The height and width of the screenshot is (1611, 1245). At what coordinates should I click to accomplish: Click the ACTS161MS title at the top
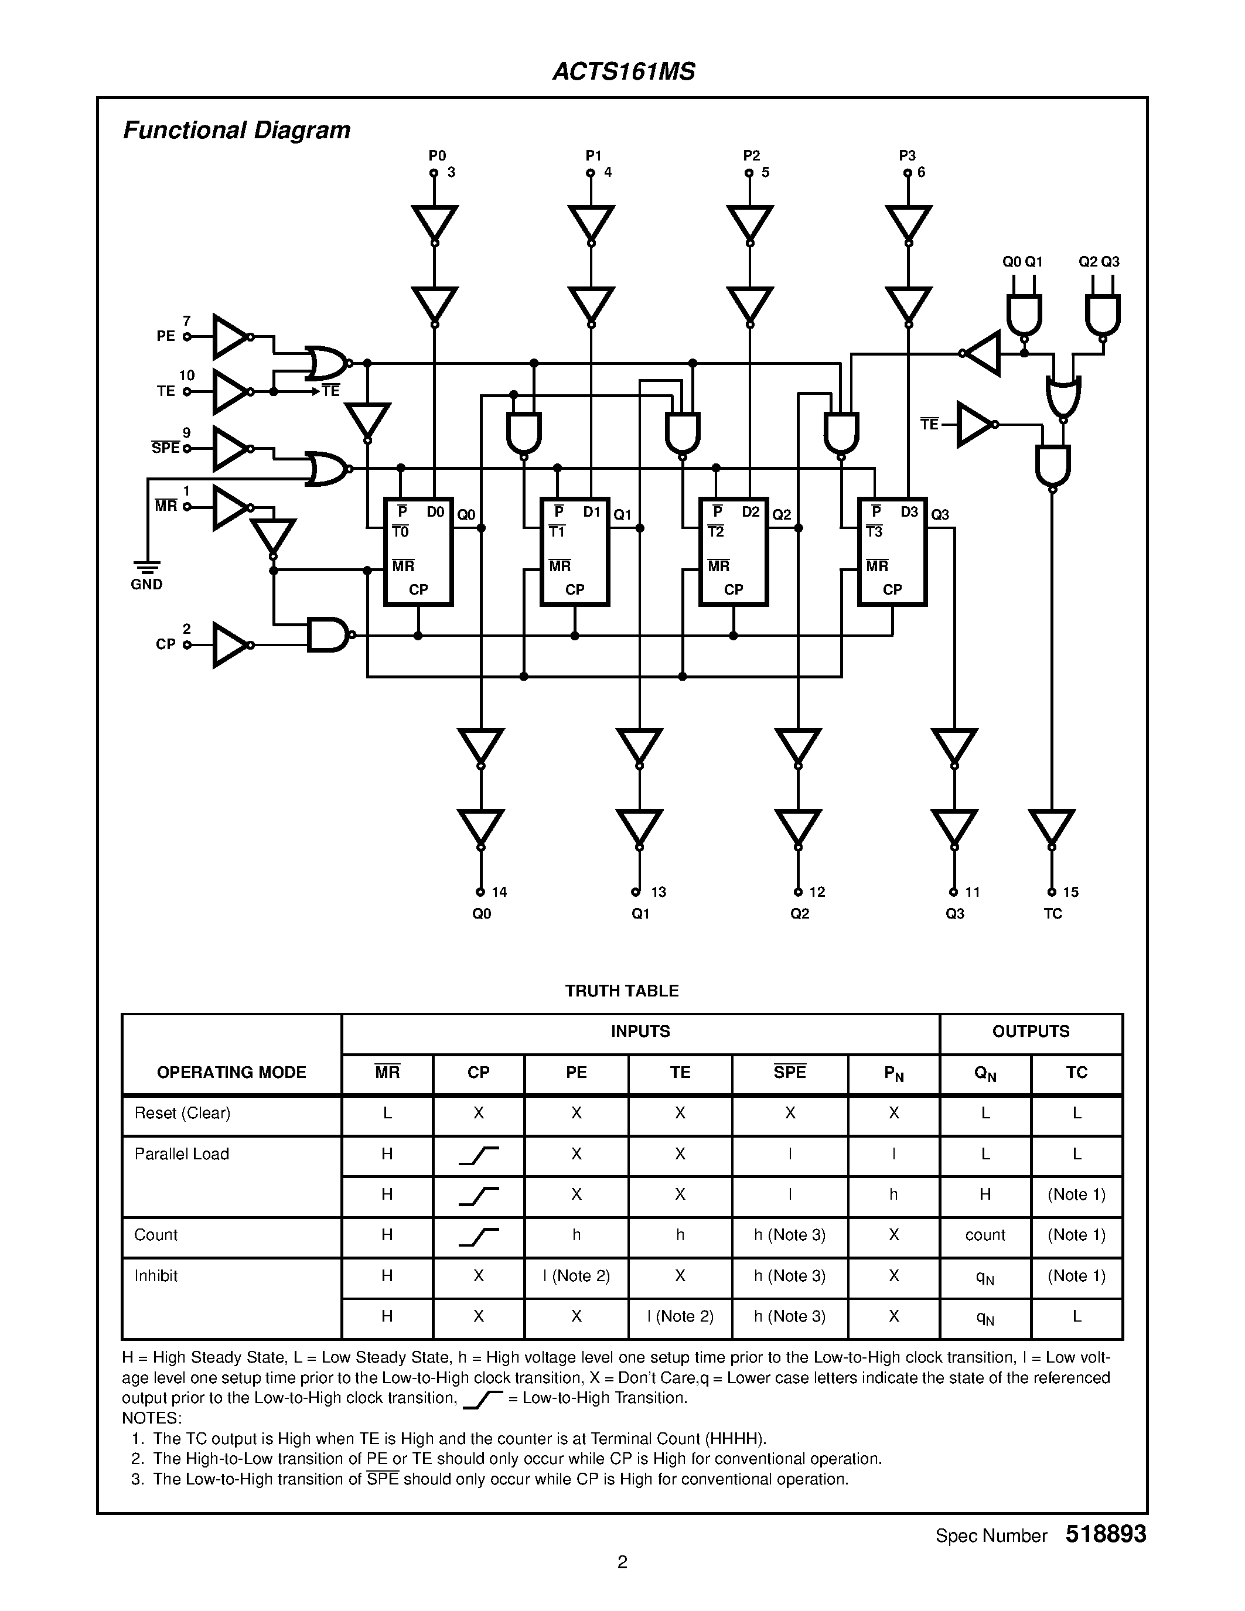click(623, 72)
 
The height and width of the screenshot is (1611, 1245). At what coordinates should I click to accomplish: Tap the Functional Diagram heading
click(236, 131)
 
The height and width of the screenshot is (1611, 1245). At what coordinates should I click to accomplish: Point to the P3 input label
click(907, 156)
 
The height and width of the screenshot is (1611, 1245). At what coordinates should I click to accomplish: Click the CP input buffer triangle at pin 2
click(230, 645)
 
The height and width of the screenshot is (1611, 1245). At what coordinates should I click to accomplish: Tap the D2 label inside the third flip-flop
click(751, 512)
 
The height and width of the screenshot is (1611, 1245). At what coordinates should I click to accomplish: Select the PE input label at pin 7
click(166, 336)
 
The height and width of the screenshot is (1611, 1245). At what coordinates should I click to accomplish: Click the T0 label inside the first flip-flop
click(401, 532)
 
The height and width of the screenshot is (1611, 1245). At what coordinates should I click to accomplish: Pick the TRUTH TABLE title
click(622, 991)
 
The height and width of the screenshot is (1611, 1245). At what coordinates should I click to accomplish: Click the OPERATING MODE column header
click(231, 1073)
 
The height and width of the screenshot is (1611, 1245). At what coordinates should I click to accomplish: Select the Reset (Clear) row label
click(182, 1113)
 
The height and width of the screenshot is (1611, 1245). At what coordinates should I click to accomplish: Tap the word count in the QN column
click(985, 1235)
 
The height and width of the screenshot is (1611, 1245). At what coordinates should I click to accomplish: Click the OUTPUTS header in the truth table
click(1031, 1031)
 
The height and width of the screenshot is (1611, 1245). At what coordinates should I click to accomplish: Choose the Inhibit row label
click(156, 1275)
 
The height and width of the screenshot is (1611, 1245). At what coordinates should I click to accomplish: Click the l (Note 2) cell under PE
click(576, 1275)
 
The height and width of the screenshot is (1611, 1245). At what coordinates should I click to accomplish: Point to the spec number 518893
click(1106, 1534)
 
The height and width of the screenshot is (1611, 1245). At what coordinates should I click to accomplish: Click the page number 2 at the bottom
click(622, 1562)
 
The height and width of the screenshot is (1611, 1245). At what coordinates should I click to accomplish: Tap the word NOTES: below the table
click(152, 1418)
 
